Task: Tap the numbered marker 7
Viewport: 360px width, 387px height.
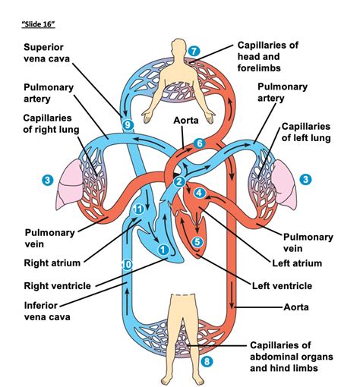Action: click(x=194, y=52)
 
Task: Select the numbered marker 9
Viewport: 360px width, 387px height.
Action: click(x=127, y=124)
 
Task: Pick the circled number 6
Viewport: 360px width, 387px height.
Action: click(x=200, y=143)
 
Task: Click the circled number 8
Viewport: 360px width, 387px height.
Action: click(x=207, y=361)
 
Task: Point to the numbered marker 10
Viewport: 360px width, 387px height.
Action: click(x=127, y=263)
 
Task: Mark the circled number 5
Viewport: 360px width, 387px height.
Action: click(x=197, y=242)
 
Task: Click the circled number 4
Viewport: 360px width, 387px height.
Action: click(x=200, y=193)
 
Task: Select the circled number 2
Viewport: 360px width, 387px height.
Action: click(x=178, y=181)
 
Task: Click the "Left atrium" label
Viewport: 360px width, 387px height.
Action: click(x=296, y=263)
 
